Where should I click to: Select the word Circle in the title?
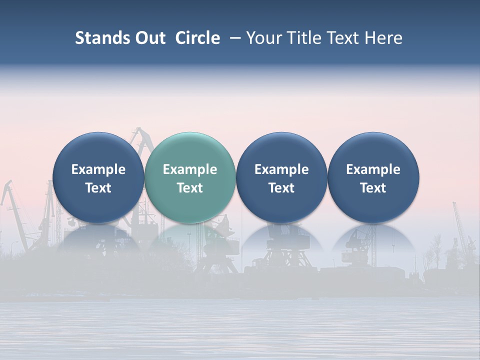197,38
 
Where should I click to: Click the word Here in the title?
384,38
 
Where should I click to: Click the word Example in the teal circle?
190,169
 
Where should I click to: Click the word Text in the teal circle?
190,188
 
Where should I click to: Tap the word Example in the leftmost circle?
98,169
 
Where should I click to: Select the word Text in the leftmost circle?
98,188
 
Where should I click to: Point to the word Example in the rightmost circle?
373,169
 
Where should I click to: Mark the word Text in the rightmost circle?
373,188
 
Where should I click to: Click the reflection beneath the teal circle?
190,239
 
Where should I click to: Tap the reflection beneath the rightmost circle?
373,239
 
